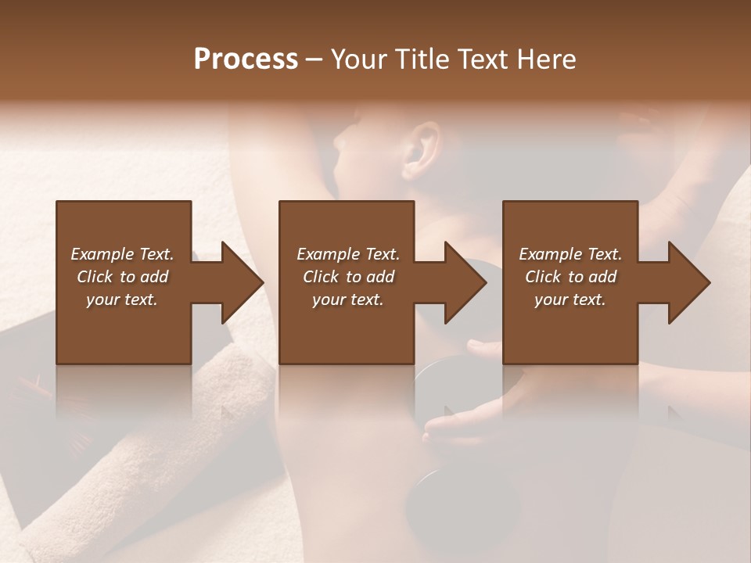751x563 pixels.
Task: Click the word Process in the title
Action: (246, 59)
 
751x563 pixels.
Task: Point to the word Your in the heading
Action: (361, 59)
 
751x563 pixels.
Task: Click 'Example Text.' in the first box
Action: (123, 254)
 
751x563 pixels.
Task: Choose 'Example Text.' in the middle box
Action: (348, 254)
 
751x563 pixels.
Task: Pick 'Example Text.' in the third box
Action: (570, 254)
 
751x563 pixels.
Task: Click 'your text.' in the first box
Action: (123, 299)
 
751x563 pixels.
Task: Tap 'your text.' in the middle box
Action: (348, 299)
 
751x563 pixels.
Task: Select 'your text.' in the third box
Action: (570, 299)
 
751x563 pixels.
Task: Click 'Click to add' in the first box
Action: (123, 277)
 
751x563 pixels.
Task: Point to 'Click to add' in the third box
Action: (570, 277)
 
